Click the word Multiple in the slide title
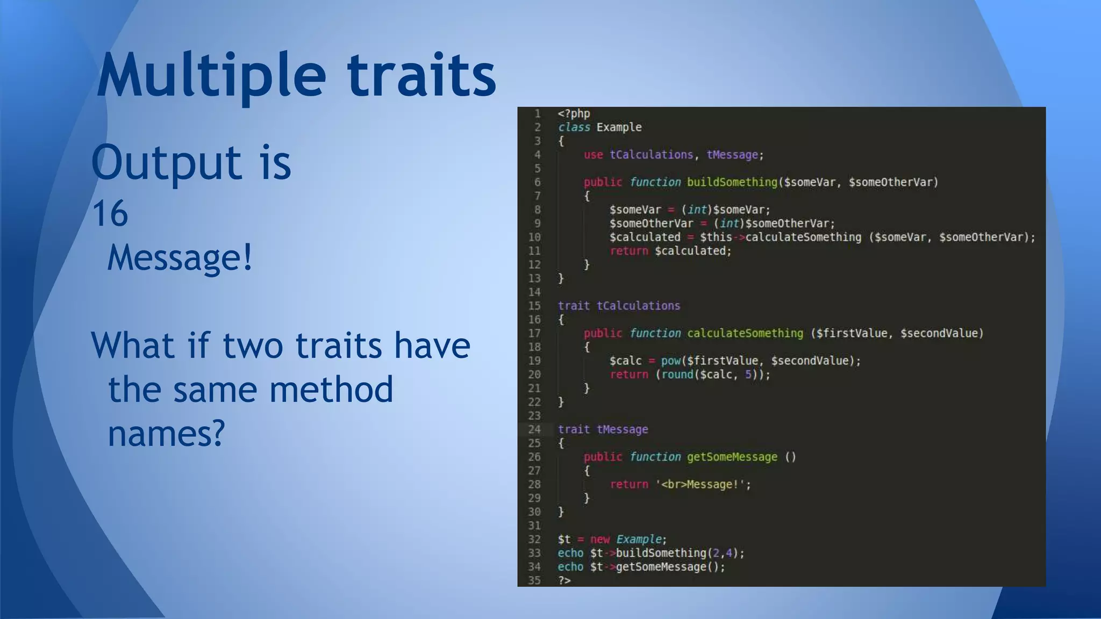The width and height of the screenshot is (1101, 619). (x=211, y=75)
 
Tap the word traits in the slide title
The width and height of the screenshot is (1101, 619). (x=421, y=75)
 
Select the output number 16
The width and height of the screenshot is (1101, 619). (x=110, y=214)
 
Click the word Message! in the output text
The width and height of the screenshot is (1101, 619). (x=180, y=258)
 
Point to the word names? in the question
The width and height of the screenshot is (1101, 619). (x=166, y=434)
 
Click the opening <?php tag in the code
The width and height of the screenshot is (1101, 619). (x=574, y=113)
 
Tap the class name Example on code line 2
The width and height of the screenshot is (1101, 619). (x=619, y=127)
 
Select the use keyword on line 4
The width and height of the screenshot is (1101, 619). (x=593, y=155)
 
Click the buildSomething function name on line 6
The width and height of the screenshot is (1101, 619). (x=732, y=182)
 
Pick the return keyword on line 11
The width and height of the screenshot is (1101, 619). (x=628, y=251)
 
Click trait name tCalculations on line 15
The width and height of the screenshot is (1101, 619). (x=638, y=306)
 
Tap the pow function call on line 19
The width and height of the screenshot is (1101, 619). (x=670, y=361)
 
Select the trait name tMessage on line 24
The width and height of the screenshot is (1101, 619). (x=622, y=429)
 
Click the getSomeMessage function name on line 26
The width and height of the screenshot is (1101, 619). (x=732, y=457)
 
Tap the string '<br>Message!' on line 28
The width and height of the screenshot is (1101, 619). (x=703, y=484)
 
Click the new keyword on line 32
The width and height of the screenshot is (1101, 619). (x=599, y=539)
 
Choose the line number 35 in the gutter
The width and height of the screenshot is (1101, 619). (x=534, y=580)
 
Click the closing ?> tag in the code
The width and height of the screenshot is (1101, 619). (x=564, y=580)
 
